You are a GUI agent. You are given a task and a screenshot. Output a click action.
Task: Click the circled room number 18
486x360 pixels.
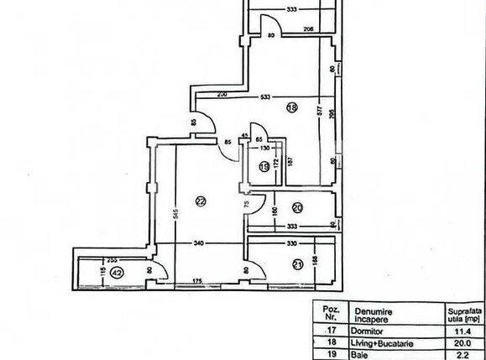pos(292,107)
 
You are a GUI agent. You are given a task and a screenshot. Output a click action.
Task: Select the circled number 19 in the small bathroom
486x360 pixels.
pos(264,167)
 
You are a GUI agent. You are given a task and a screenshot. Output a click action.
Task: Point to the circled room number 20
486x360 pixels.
pos(297,207)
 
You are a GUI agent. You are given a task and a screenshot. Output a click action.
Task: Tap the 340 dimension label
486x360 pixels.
pos(198,244)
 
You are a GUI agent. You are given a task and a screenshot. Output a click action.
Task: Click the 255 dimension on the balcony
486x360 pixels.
pos(112,261)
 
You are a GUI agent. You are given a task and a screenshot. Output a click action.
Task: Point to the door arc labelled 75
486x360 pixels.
pos(257,204)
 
